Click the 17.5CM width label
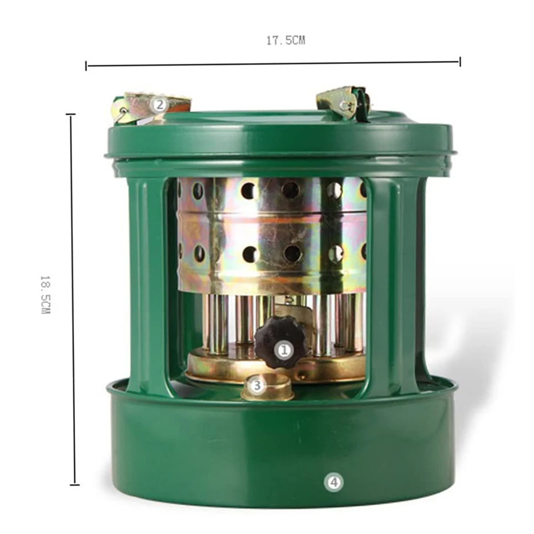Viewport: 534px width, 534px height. [286, 41]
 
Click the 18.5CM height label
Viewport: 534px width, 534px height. [45, 294]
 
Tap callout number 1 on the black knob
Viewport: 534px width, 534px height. [284, 350]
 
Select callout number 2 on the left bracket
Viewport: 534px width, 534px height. [159, 105]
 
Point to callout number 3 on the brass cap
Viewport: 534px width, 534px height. [257, 384]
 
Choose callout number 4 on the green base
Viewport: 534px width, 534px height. [333, 482]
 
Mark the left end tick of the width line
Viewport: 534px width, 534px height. [87, 66]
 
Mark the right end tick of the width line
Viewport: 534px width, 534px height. [459, 62]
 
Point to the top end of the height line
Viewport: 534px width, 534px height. [70, 115]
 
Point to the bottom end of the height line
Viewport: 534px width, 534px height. [74, 484]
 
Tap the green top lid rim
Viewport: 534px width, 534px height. [280, 140]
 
